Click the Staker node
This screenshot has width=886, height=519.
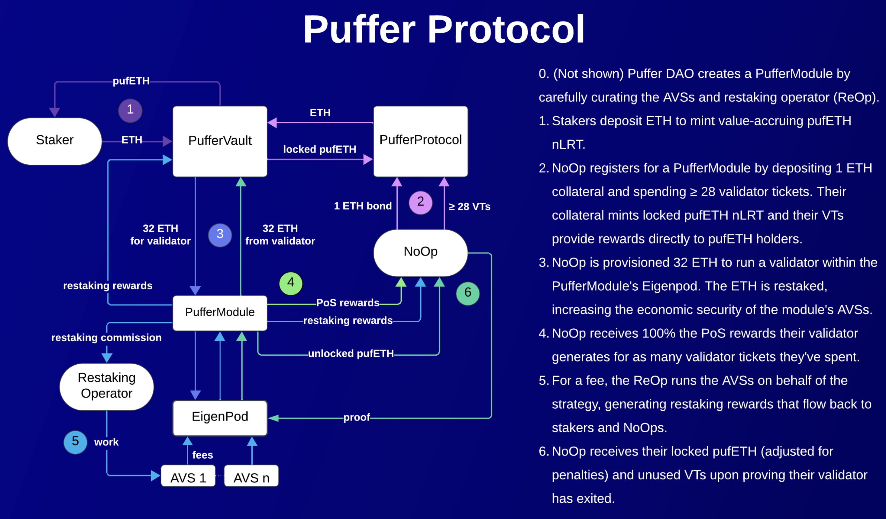point(54,141)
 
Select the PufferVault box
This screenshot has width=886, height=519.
point(220,141)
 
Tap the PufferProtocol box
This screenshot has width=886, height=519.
point(421,141)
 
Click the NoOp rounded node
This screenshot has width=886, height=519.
point(421,252)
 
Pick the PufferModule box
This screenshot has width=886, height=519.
point(220,312)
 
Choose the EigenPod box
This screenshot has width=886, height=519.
point(220,417)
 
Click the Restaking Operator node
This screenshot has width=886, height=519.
point(107,386)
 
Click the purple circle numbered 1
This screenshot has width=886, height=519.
point(130,110)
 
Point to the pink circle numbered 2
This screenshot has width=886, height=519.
point(421,202)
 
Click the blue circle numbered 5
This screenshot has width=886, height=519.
point(75,442)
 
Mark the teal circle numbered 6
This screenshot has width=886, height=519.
point(467,293)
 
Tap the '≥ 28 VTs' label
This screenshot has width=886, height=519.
point(469,207)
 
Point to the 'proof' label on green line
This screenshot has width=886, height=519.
point(357,417)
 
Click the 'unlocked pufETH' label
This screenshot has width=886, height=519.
point(351,353)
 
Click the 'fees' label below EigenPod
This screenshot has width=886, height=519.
point(202,455)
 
